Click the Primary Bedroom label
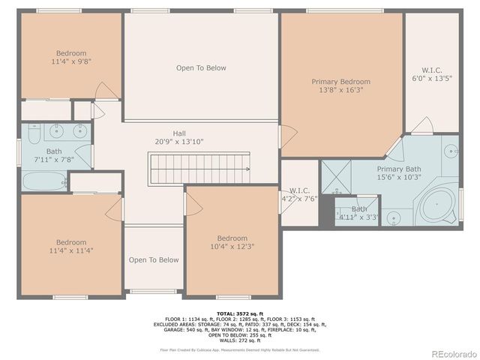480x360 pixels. (341, 82)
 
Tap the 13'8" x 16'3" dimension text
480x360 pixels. (341, 91)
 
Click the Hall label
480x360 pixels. (179, 132)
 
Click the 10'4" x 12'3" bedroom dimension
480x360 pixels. (232, 247)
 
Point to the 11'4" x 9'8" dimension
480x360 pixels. (71, 63)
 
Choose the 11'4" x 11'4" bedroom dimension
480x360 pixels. (71, 251)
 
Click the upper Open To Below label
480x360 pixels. (201, 68)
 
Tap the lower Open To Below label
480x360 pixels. (154, 260)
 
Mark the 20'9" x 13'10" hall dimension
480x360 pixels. (179, 141)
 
